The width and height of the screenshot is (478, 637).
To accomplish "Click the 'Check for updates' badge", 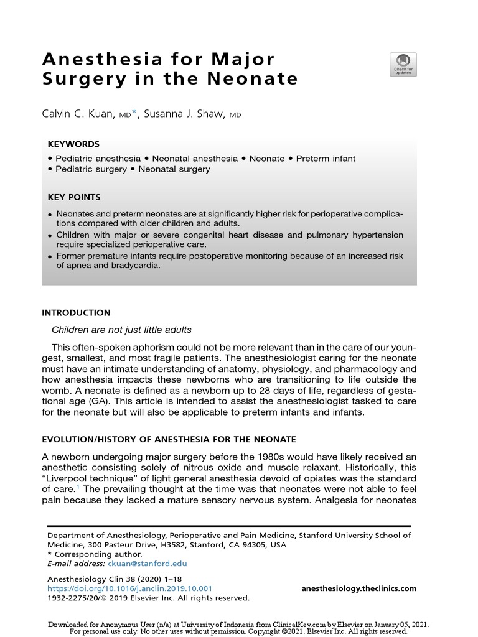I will (403, 65).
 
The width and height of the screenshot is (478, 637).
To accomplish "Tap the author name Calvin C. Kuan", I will (78, 115).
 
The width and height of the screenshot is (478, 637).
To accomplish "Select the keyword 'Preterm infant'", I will (326, 158).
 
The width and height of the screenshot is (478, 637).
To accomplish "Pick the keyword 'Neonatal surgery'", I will (174, 169).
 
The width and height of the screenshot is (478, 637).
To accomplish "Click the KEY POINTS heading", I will (74, 197).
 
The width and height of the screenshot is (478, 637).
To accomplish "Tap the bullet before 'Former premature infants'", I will (50, 256).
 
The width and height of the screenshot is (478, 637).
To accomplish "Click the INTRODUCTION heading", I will (76, 313).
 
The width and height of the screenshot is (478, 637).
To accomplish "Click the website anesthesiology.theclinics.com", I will (358, 588).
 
